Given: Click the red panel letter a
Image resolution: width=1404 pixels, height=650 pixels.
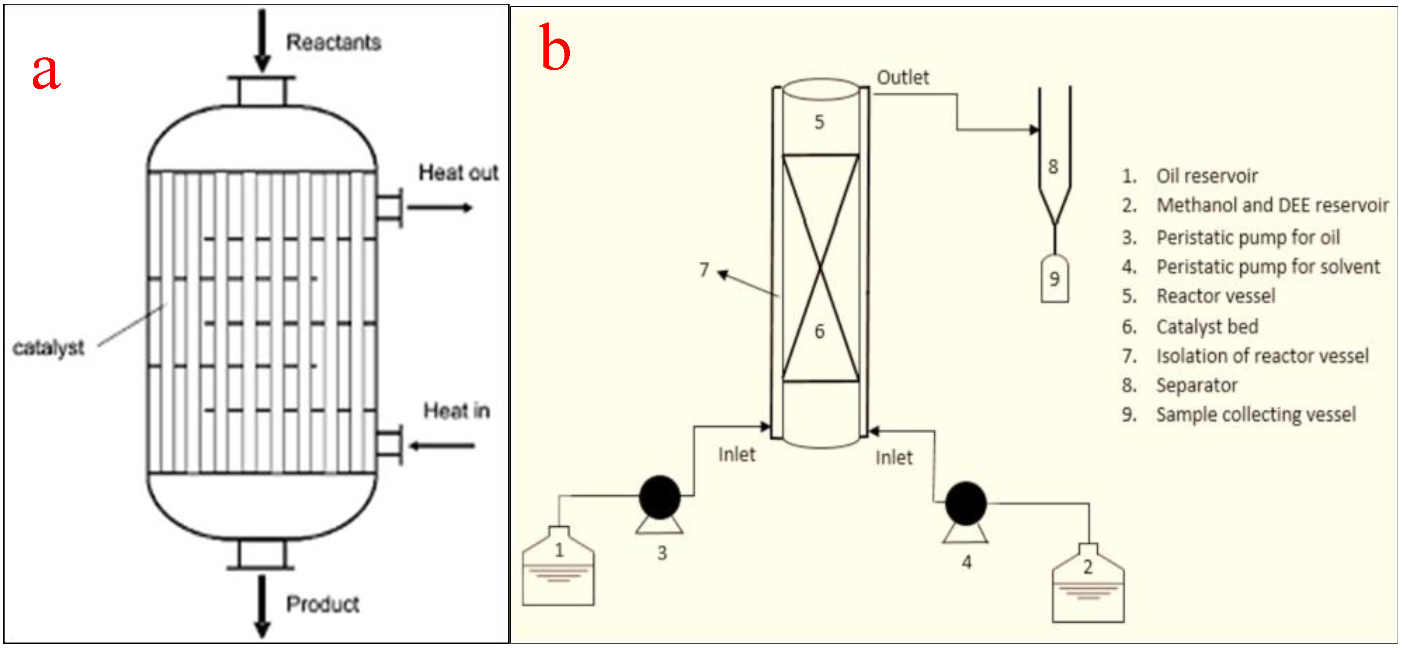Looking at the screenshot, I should [46, 72].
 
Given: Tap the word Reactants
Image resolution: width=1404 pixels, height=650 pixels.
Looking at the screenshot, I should [333, 42].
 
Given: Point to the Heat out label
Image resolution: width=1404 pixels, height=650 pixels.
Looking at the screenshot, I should [458, 173].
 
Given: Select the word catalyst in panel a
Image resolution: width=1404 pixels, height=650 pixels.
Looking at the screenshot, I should [48, 347].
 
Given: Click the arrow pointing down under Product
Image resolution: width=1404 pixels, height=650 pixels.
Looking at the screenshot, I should [262, 605].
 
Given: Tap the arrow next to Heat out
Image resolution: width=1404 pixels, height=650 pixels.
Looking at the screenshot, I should [439, 207].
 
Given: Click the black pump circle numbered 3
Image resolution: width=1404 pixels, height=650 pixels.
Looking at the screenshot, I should [660, 497].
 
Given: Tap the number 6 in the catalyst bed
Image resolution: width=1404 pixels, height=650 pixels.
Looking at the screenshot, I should [819, 331].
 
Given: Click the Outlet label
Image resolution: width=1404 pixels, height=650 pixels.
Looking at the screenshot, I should [903, 77].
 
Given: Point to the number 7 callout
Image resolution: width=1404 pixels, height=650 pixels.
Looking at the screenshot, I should [704, 270].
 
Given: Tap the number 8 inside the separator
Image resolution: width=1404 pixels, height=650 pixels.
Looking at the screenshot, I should [1053, 166].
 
